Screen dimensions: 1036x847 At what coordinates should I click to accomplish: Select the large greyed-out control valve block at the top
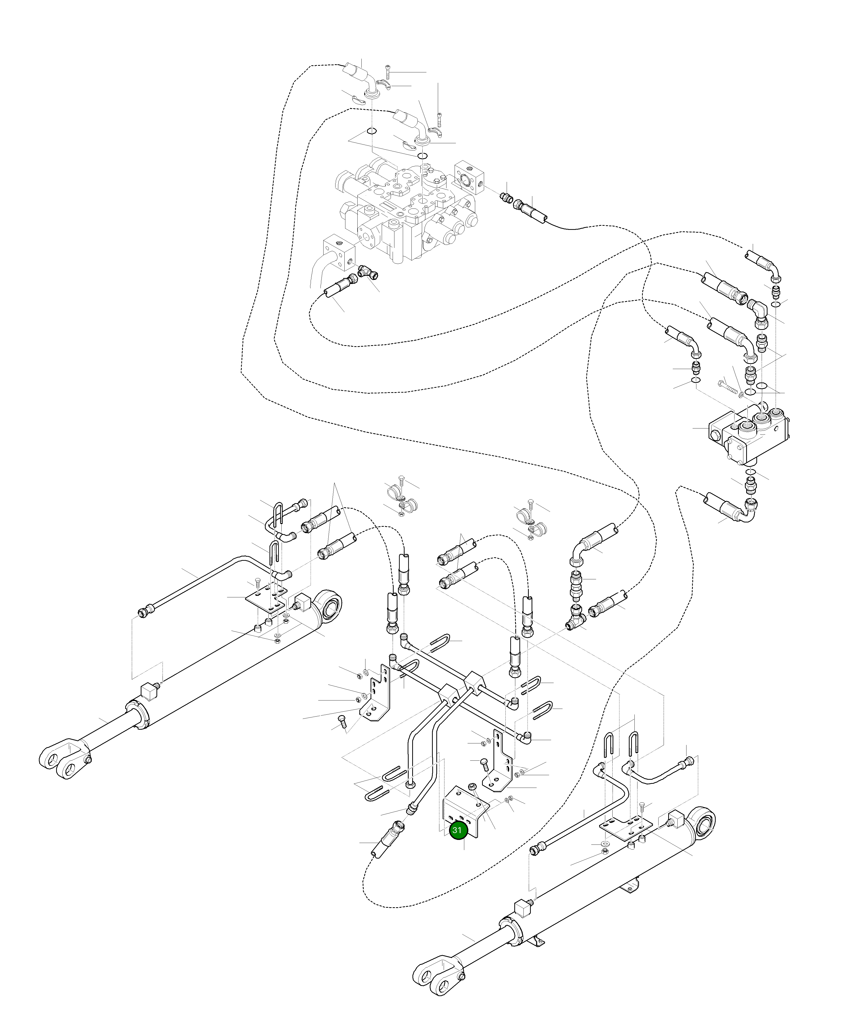point(405,210)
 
